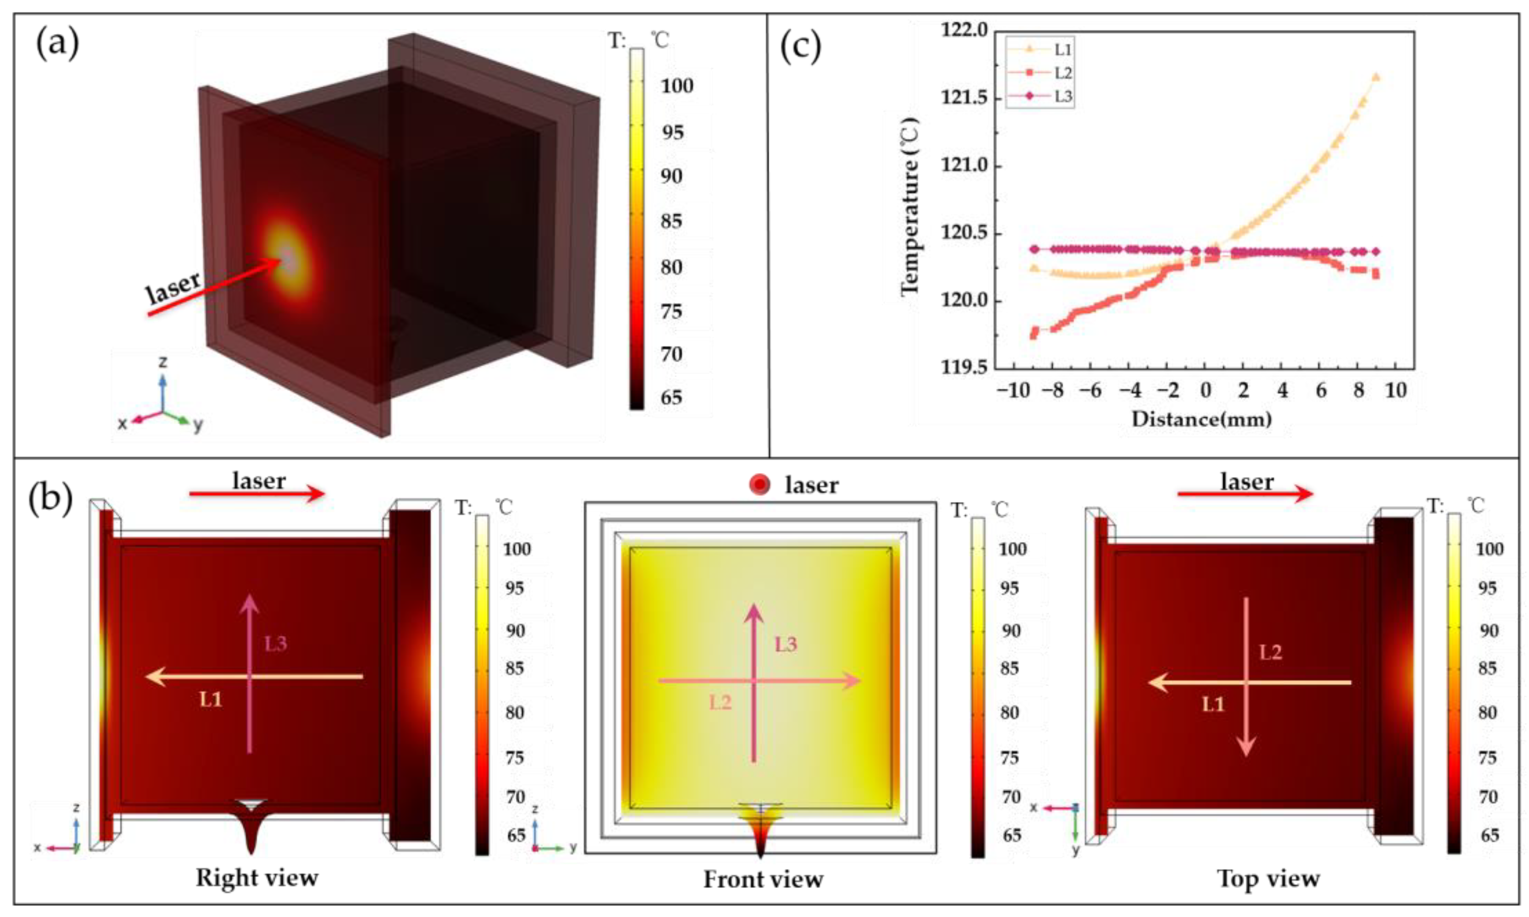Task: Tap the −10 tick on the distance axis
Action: coord(1014,391)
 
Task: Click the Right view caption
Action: coord(257,878)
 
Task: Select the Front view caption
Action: coord(763,879)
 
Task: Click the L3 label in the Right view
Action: coord(276,644)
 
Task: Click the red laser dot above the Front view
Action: coord(759,485)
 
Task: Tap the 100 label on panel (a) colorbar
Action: coord(677,86)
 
